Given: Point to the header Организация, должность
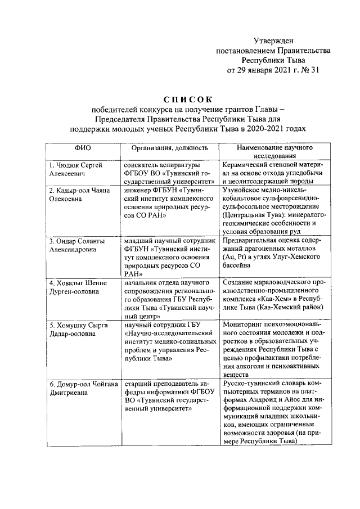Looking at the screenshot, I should point(170,147).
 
